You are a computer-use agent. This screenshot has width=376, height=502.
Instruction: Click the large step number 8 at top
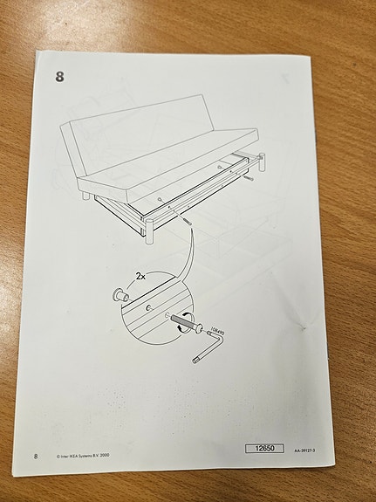pos(59,76)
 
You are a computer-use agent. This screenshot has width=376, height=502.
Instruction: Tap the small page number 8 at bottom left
pos(36,456)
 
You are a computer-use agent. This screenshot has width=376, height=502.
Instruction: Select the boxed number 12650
pos(264,448)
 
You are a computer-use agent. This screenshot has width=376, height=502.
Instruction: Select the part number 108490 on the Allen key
pos(218,334)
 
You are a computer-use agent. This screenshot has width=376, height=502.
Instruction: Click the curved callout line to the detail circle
pos(194,253)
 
